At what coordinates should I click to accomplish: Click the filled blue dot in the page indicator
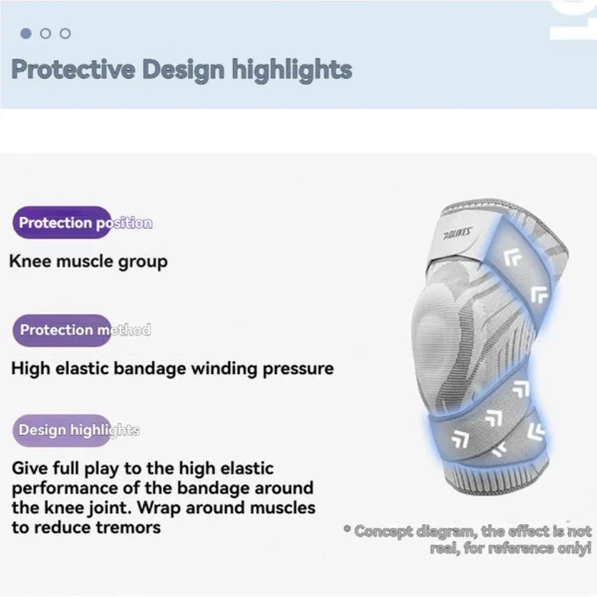click(x=27, y=33)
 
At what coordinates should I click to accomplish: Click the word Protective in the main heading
click(x=73, y=70)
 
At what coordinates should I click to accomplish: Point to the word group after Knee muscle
click(x=144, y=263)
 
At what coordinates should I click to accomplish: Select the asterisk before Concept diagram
click(x=347, y=531)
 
